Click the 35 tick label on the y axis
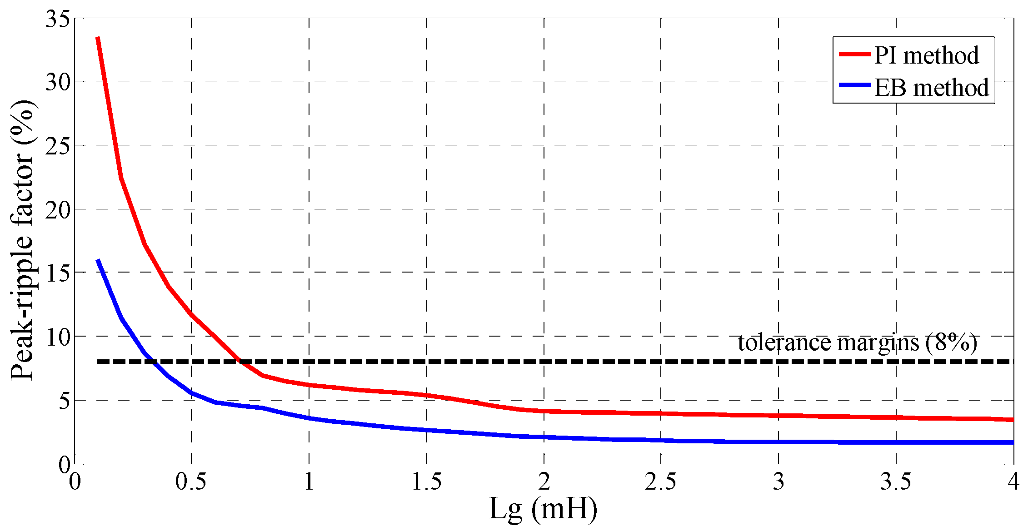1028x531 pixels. click(57, 20)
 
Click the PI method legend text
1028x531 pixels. click(926, 55)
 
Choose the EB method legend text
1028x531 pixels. click(932, 88)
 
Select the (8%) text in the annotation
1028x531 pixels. click(952, 342)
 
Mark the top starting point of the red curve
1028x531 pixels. click(98, 38)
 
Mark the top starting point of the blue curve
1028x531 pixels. click(98, 260)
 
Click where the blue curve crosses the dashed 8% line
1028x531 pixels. click(152, 362)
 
